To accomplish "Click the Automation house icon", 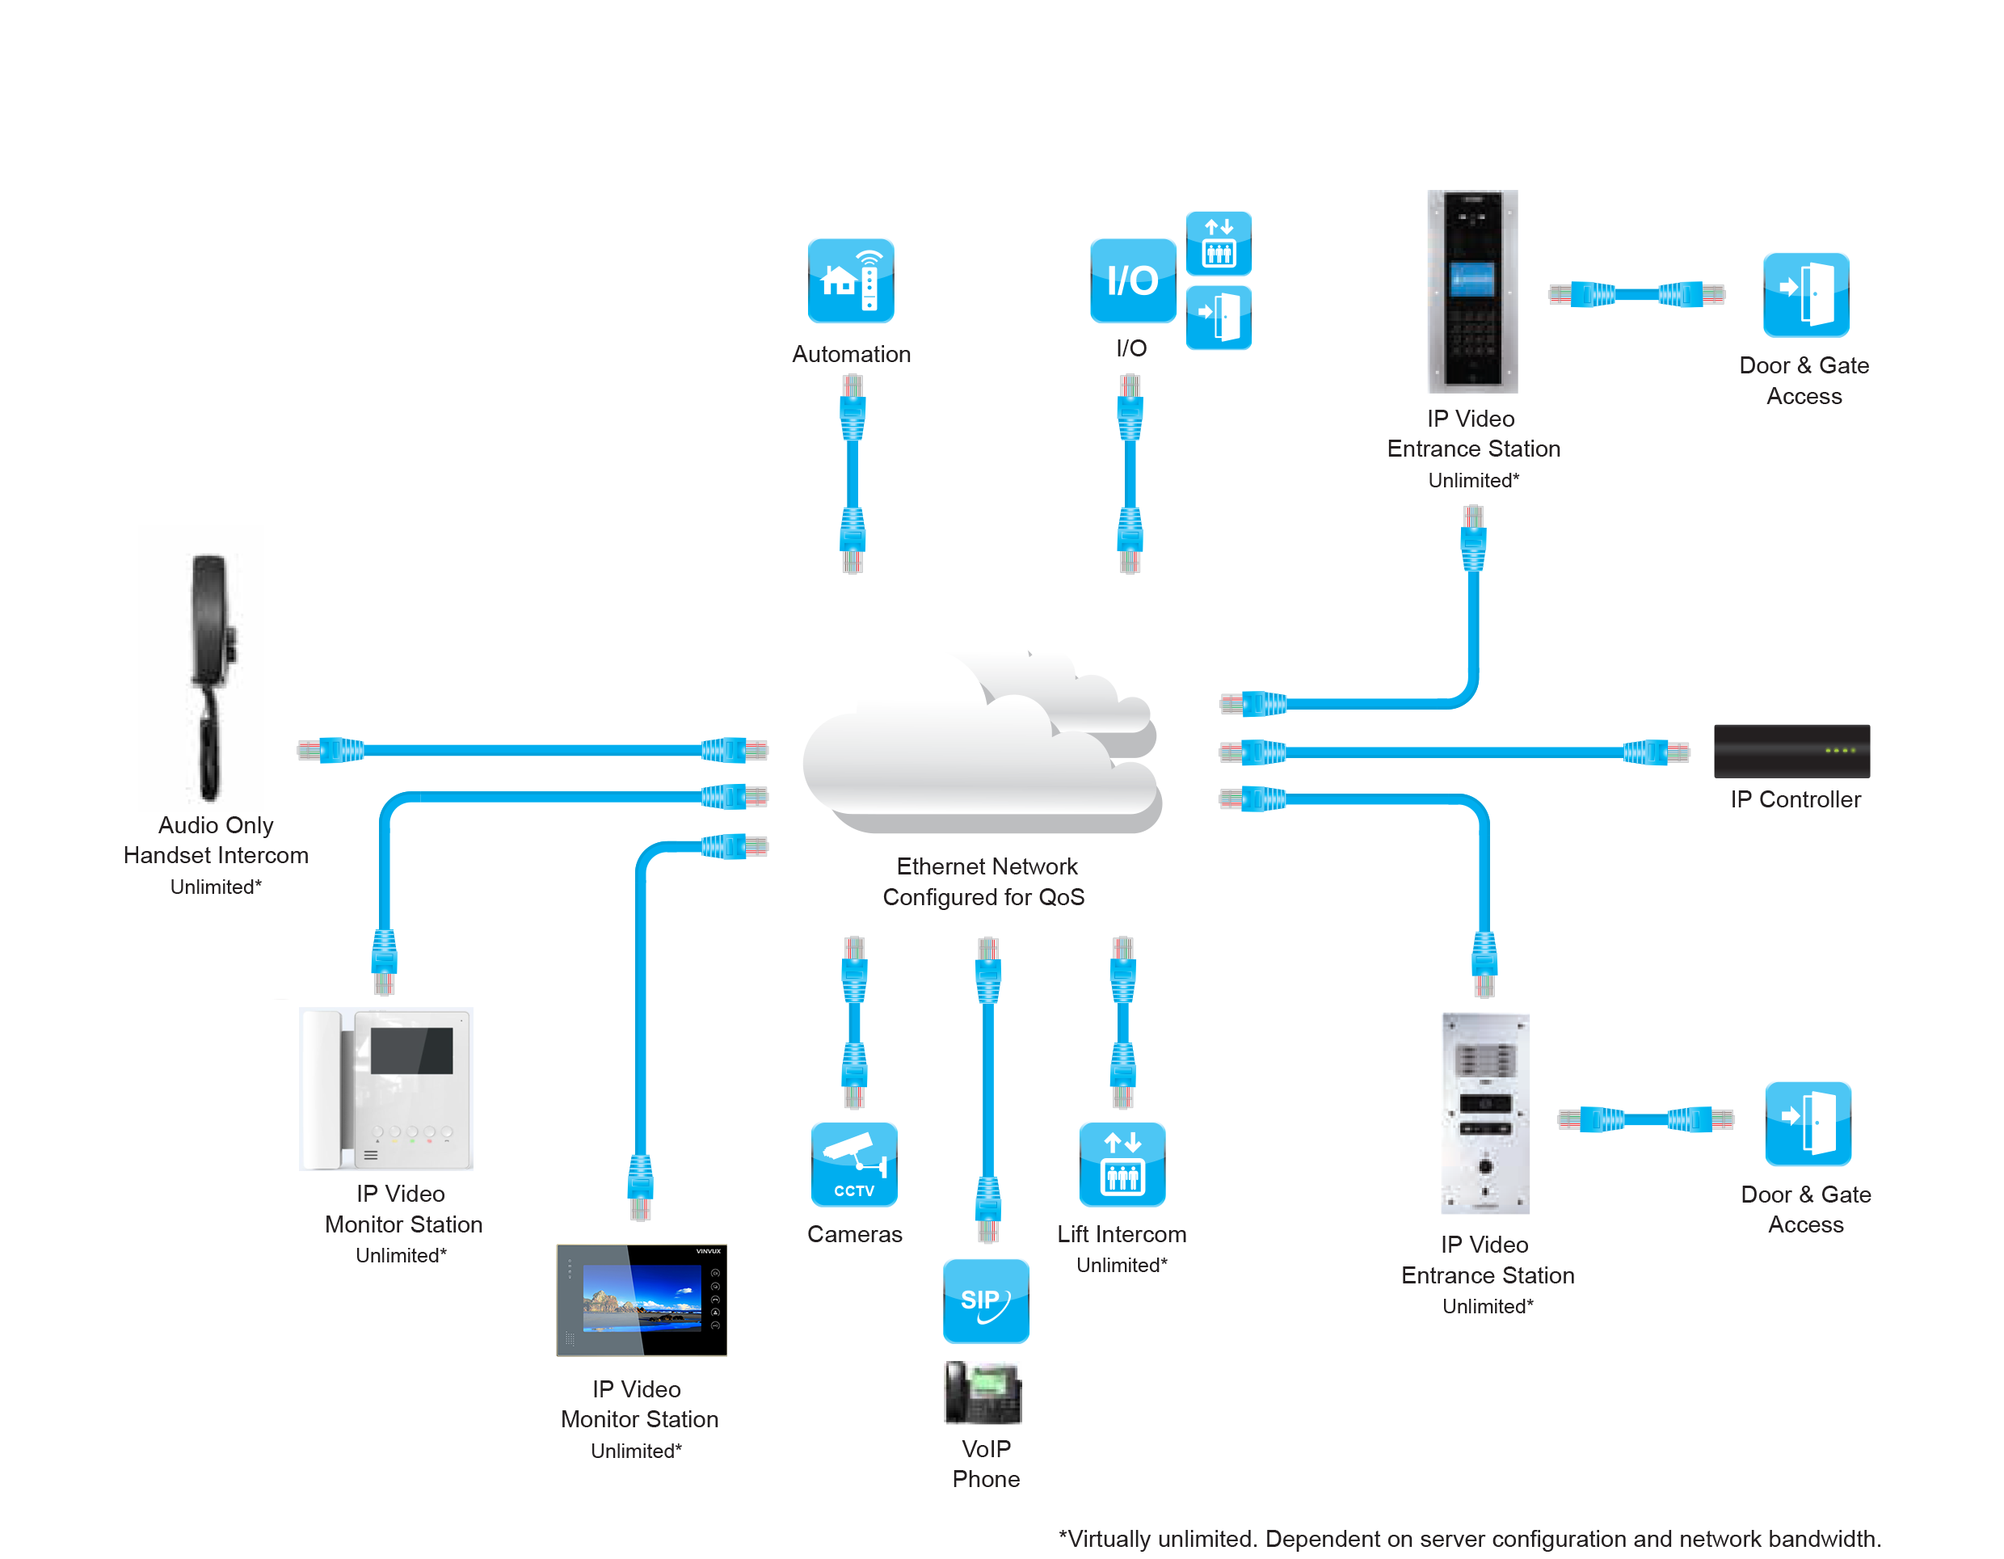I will coord(850,280).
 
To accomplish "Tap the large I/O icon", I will coord(1131,280).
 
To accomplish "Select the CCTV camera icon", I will coord(853,1163).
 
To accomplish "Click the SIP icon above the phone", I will coord(986,1300).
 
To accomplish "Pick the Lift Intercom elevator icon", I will coord(1122,1163).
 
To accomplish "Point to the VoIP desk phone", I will coord(983,1391).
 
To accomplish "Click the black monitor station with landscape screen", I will coord(641,1300).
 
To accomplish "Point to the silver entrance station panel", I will coord(1484,1112).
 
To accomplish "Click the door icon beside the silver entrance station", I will coord(1807,1123).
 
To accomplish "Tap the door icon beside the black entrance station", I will coord(1805,293).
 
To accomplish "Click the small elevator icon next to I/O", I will coord(1218,243).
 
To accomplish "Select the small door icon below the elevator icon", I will coord(1218,318).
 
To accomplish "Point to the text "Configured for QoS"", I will coord(983,896).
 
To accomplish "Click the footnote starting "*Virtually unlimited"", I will coord(1469,1538).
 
